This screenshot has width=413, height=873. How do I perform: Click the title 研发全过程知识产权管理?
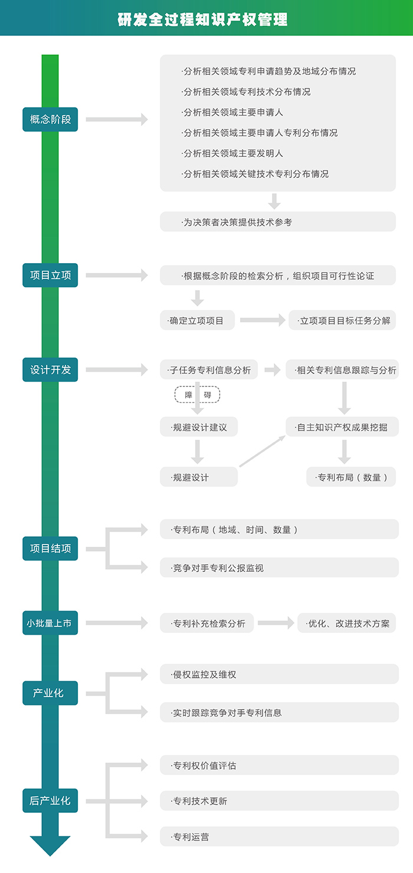pyautogui.click(x=202, y=19)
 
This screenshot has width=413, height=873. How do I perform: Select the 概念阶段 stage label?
pyautogui.click(x=50, y=119)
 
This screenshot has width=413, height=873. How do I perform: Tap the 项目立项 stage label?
pyautogui.click(x=50, y=275)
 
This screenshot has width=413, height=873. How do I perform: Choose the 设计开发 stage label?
pyautogui.click(x=50, y=370)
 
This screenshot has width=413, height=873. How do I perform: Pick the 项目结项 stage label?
pyautogui.click(x=50, y=549)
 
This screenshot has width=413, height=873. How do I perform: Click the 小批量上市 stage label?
pyautogui.click(x=50, y=623)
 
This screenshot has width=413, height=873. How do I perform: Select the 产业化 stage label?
pyautogui.click(x=50, y=693)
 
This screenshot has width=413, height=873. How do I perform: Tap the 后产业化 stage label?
pyautogui.click(x=50, y=800)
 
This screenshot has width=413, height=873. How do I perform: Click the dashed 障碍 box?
pyautogui.click(x=197, y=395)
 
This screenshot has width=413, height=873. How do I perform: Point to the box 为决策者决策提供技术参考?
pyautogui.click(x=277, y=222)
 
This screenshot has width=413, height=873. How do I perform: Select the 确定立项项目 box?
pyautogui.click(x=198, y=321)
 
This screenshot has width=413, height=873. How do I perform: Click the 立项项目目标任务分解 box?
pyautogui.click(x=342, y=321)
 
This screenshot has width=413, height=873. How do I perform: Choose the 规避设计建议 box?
pyautogui.click(x=199, y=427)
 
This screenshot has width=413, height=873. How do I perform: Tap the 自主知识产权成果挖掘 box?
pyautogui.click(x=342, y=427)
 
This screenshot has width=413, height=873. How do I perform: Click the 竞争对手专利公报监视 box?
pyautogui.click(x=279, y=568)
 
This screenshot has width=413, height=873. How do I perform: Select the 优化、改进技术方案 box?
pyautogui.click(x=347, y=623)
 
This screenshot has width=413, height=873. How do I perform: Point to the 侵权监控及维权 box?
pyautogui.click(x=279, y=674)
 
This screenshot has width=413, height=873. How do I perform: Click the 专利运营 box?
pyautogui.click(x=279, y=836)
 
